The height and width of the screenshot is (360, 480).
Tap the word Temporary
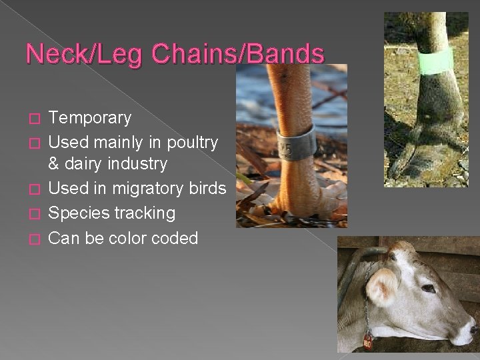(91, 118)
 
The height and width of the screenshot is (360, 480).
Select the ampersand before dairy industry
(55, 164)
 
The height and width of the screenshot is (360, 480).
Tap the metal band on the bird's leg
(297, 142)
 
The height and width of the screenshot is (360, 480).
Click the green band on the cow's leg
(435, 61)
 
